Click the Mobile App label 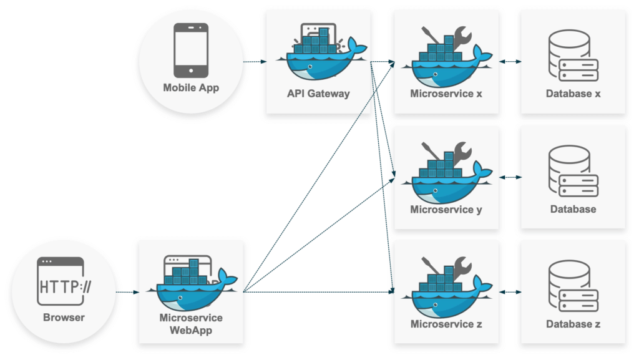coord(191,88)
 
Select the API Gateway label coord(318,94)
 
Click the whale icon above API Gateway coord(318,56)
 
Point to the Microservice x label coord(446,94)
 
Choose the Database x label coord(573,94)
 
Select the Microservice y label coord(446,210)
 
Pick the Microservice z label coord(446,324)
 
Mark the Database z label coord(573,324)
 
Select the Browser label coord(64,318)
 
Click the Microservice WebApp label coord(191,324)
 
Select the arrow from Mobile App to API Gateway coord(255,62)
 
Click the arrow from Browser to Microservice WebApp coord(127,291)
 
